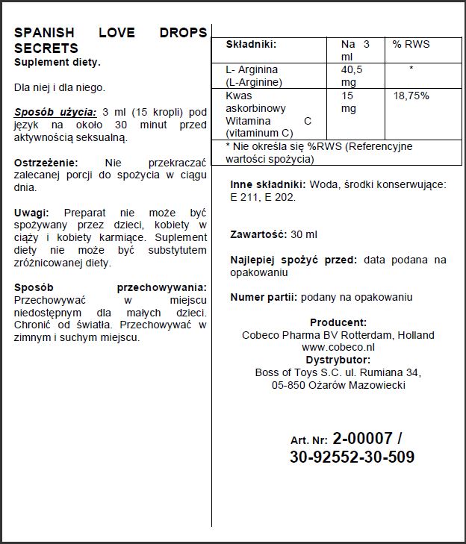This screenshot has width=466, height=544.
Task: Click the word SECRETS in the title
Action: tap(46, 49)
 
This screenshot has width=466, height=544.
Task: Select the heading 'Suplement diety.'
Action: tap(58, 62)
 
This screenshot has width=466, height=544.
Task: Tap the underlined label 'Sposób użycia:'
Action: tap(55, 112)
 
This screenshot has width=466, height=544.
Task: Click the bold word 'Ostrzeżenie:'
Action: tap(46, 163)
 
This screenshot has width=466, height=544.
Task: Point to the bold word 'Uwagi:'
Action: tap(31, 213)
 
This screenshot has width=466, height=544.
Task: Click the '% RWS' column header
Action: tap(411, 45)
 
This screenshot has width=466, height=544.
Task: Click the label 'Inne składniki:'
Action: tap(267, 184)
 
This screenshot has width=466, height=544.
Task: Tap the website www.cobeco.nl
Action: tap(338, 347)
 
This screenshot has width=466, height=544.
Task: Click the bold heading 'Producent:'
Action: tap(338, 322)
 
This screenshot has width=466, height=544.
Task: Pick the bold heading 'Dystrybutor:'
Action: tap(338, 359)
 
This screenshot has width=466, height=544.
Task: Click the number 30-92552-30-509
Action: tap(352, 457)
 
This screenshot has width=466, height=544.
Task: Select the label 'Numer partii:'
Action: tap(264, 297)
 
